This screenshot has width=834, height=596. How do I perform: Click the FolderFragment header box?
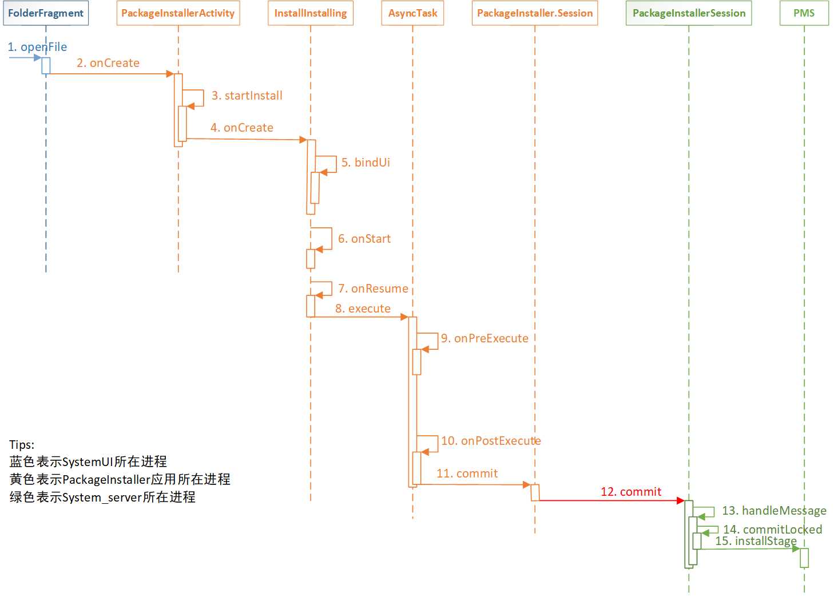tap(46, 13)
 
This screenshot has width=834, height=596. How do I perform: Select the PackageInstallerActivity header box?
tap(178, 13)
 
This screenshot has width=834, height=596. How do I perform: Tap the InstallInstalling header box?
tap(311, 13)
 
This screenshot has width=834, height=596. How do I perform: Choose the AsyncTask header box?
tap(412, 13)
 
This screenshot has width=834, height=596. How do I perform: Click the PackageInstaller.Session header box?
tap(535, 13)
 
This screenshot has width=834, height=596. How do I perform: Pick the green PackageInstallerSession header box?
tap(689, 13)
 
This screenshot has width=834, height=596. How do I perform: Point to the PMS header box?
tap(804, 13)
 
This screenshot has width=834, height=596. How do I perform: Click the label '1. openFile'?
tap(37, 47)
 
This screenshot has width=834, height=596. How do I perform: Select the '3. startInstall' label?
tap(247, 96)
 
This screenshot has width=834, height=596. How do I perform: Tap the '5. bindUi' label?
tap(366, 162)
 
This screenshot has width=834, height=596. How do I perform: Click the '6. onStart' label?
tap(364, 239)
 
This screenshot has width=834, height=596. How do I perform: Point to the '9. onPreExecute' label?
tap(484, 338)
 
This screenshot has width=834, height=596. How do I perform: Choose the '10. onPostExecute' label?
tap(491, 441)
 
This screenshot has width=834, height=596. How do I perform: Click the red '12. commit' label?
tap(631, 492)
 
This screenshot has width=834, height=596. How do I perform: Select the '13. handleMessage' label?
tap(774, 510)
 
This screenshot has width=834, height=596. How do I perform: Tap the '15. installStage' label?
tap(756, 541)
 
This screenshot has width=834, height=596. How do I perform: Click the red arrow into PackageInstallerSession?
tap(611, 500)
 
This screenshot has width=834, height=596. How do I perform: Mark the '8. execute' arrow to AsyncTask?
tap(359, 317)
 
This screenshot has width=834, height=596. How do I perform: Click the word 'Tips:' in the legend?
tap(22, 445)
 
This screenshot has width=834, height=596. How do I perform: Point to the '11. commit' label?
tap(467, 473)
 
